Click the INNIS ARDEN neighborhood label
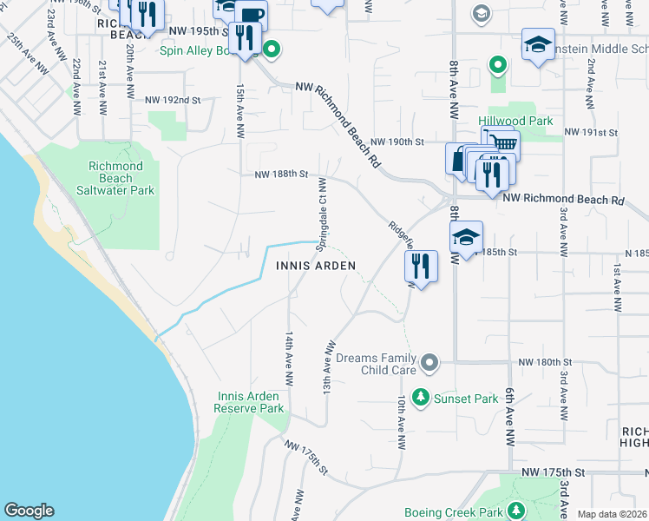click(x=316, y=265)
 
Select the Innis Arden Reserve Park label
click(x=250, y=402)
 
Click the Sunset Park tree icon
click(x=421, y=398)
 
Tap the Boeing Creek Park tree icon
click(x=516, y=510)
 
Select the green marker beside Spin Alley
click(x=272, y=49)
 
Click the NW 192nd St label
click(x=173, y=101)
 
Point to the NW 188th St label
click(x=281, y=175)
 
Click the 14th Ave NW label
click(x=288, y=359)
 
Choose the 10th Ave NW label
click(x=402, y=423)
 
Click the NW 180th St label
click(x=546, y=361)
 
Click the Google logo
click(x=29, y=511)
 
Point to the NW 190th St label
click(x=397, y=142)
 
